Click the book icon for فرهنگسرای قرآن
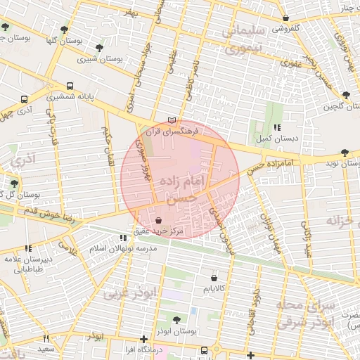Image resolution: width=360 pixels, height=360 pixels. coord(172,120)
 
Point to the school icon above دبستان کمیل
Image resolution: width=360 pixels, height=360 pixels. coord(277,127)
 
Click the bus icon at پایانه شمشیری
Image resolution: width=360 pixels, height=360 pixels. coord(70,86)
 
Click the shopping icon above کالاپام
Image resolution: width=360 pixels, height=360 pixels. coord(213,277)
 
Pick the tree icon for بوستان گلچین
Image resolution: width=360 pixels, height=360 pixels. coord(345,96)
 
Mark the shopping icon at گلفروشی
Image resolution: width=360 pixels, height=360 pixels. coord(285,18)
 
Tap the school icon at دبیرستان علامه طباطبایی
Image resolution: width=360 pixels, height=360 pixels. coord(28,248)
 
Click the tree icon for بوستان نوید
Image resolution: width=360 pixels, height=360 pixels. coord(344,153)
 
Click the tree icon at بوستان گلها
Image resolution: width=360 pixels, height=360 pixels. coord(65,29)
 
